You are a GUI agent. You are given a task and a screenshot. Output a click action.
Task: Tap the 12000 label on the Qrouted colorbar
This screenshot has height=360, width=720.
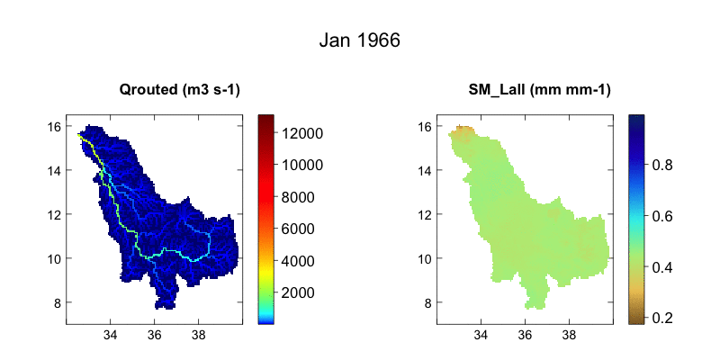click(304, 133)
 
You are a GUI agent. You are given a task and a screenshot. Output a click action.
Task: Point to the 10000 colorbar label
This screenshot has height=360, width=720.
click(304, 166)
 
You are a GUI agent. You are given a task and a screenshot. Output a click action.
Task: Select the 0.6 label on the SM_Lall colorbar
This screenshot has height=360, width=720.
click(664, 216)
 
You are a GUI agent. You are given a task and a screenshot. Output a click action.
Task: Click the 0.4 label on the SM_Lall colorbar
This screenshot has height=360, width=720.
click(664, 267)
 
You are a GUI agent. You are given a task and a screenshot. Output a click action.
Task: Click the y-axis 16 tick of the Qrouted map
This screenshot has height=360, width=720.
click(54, 126)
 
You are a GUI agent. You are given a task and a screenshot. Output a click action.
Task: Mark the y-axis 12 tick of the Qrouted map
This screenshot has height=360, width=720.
click(54, 214)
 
